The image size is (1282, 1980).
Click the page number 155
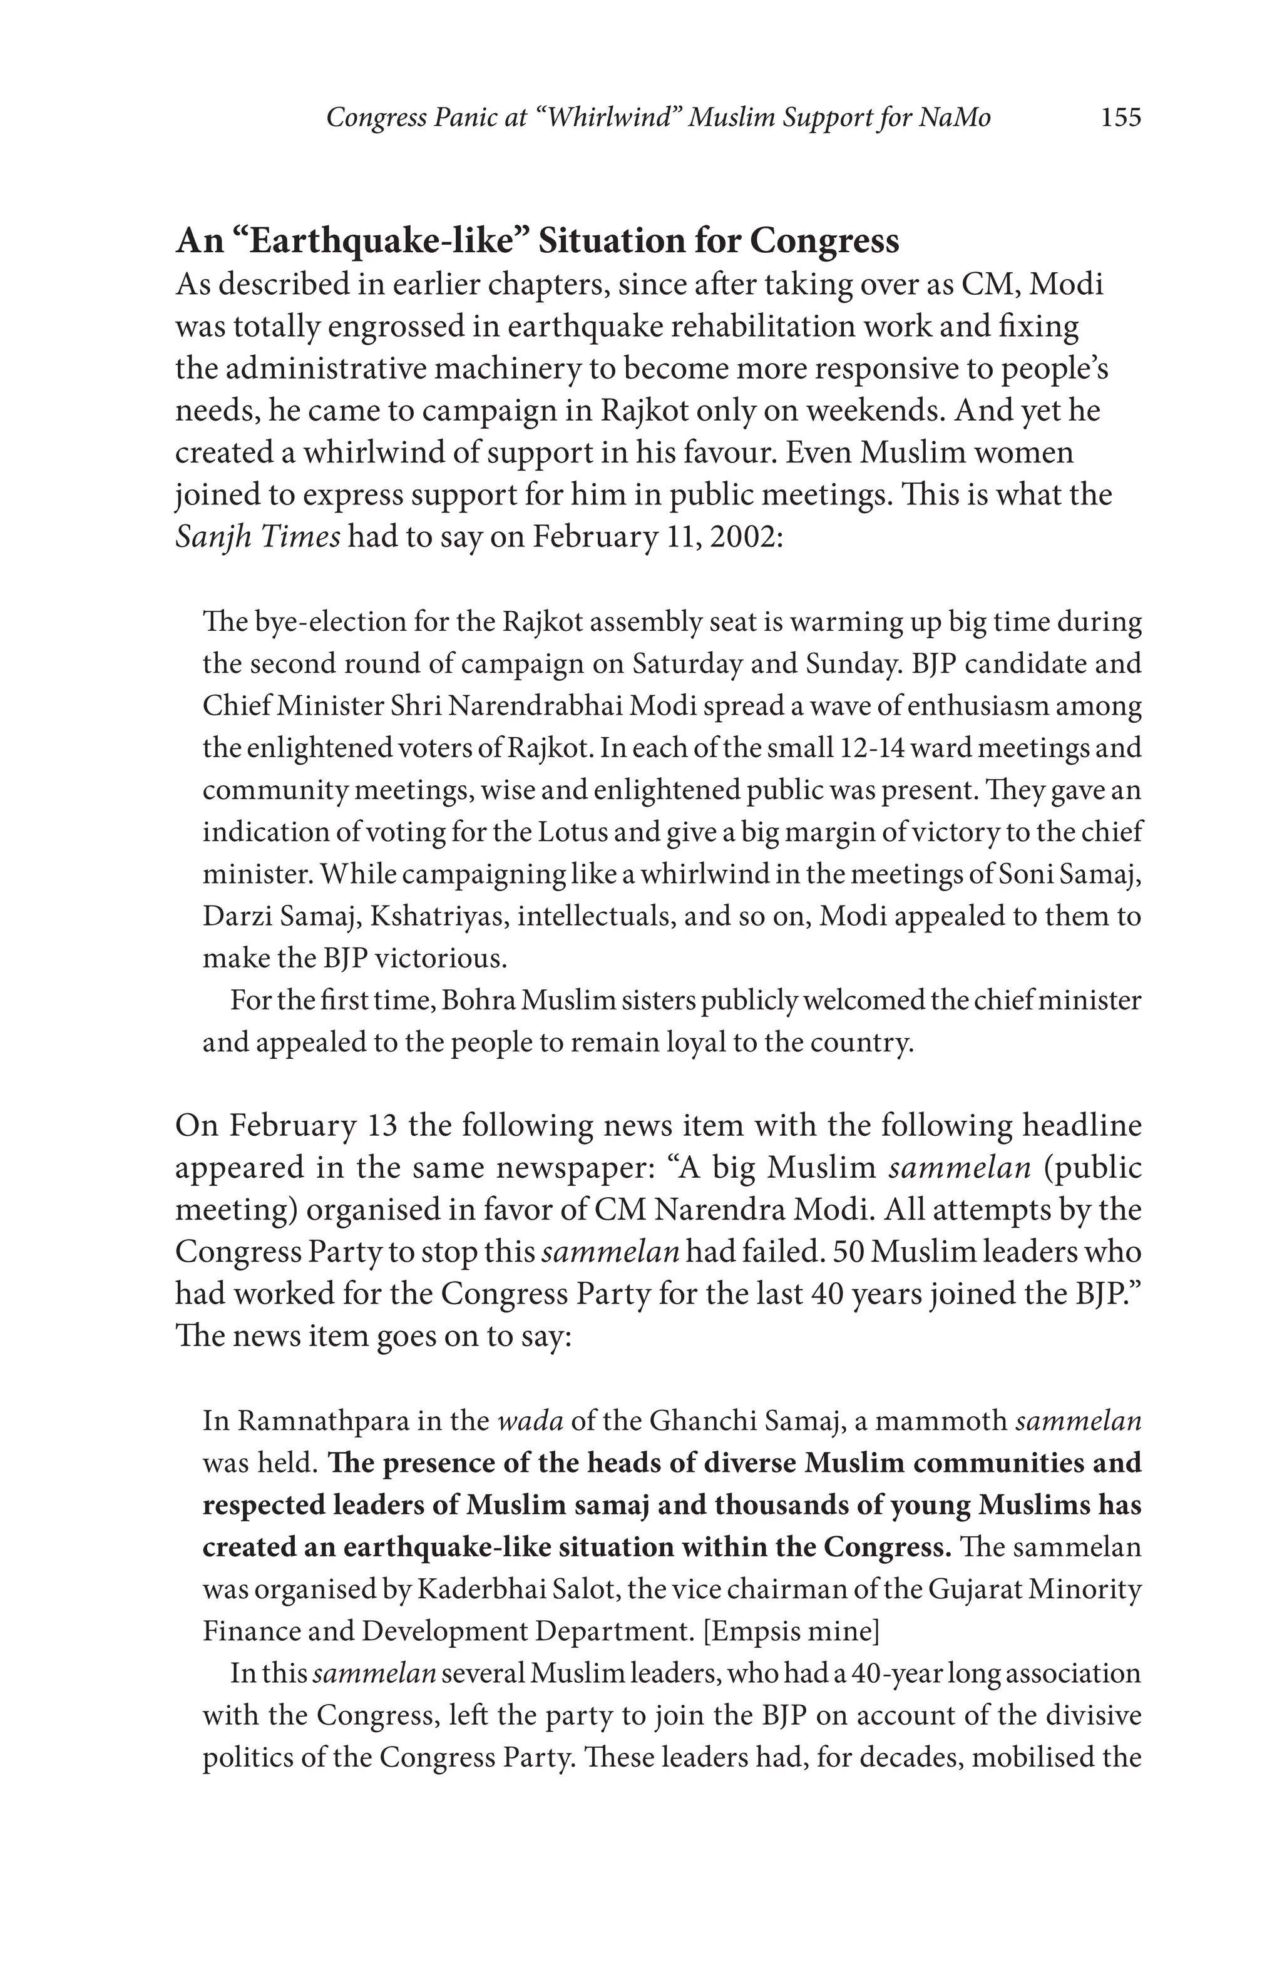pyautogui.click(x=1120, y=118)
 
